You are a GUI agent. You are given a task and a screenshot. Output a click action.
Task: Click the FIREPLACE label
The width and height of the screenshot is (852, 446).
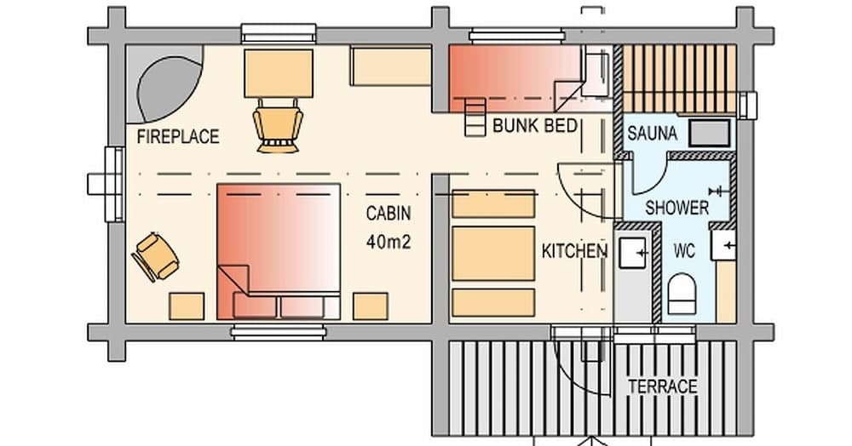click(x=178, y=136)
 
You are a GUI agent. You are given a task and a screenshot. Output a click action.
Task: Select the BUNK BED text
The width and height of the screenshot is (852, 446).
click(x=535, y=126)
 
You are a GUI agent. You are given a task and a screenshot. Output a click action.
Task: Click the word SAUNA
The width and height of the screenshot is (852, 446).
click(x=652, y=134)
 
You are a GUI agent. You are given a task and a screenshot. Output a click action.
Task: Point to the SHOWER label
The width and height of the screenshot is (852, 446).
click(x=676, y=207)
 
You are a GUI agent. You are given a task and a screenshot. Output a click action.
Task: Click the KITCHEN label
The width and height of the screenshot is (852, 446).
click(x=575, y=251)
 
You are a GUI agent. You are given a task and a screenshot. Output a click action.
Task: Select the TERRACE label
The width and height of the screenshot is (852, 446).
click(x=662, y=386)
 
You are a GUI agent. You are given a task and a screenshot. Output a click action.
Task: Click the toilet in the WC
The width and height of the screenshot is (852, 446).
click(x=683, y=294)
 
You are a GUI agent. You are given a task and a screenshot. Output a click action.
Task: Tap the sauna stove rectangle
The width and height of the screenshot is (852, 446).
click(x=709, y=132)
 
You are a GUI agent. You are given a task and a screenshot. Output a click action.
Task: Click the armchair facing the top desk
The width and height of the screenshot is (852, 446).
click(x=278, y=126)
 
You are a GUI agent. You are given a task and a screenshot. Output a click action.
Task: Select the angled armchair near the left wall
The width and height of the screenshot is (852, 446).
click(x=156, y=256)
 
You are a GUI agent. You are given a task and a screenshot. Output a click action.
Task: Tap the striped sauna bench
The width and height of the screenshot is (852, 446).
click(x=679, y=78)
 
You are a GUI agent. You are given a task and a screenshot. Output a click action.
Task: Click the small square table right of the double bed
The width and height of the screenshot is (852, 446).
click(x=371, y=306)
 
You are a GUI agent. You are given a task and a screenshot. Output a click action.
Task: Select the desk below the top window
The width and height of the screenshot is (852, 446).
click(x=278, y=72)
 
